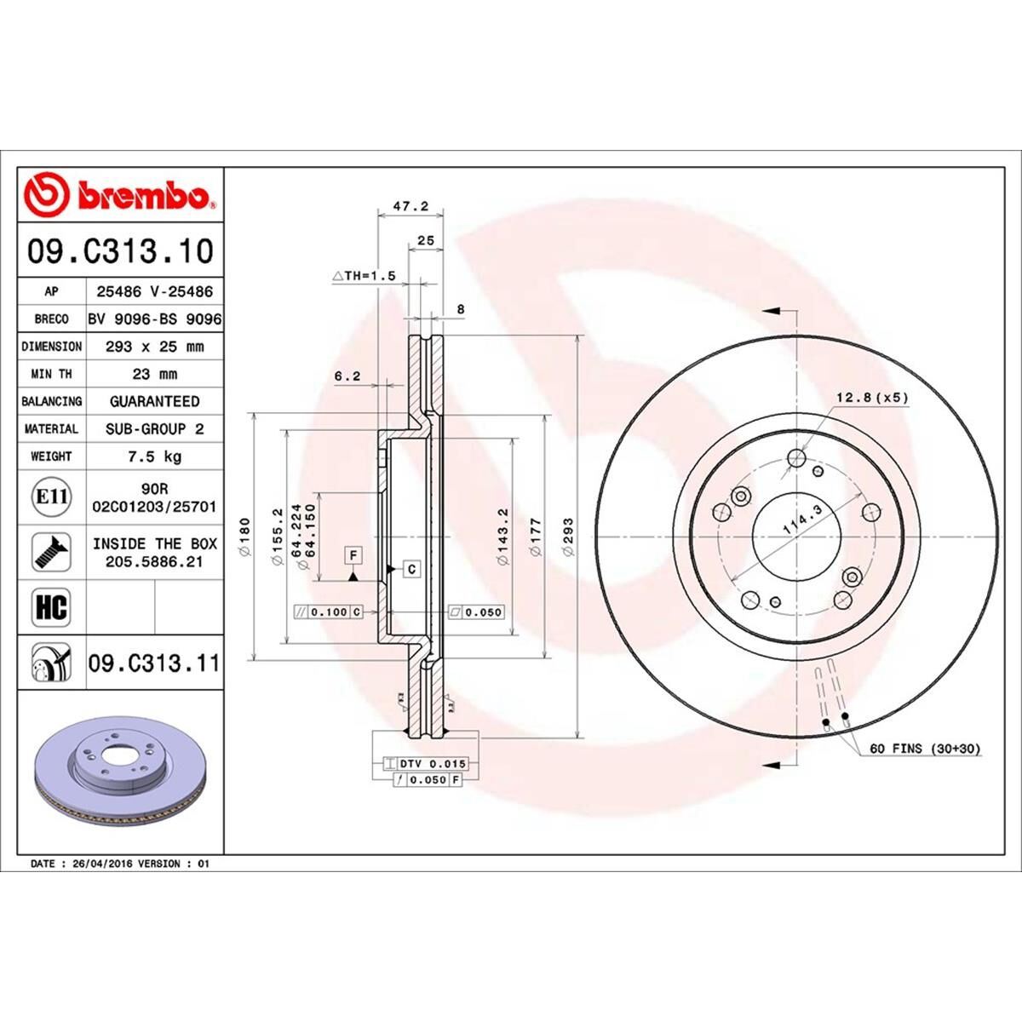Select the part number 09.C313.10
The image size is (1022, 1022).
(x=120, y=252)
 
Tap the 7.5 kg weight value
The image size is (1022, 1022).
(x=154, y=456)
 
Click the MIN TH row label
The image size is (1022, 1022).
(x=51, y=374)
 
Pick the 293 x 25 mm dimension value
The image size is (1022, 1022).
(x=154, y=347)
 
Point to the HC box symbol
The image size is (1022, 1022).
(x=50, y=607)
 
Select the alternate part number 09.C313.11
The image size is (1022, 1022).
(x=154, y=663)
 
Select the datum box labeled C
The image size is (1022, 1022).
(x=411, y=568)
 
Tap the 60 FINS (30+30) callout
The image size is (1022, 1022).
(x=925, y=749)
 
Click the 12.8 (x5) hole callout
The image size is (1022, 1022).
(x=873, y=397)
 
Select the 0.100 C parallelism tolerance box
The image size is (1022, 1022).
(x=329, y=612)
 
